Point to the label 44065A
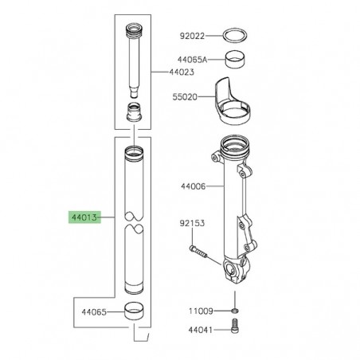tap(191, 60)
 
